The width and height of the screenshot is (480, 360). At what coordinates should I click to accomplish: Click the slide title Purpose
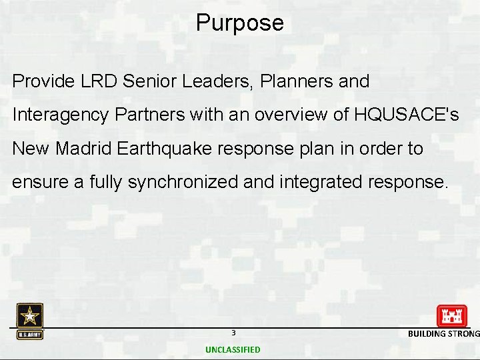click(239, 23)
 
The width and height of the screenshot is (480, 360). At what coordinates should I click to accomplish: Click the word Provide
click(43, 82)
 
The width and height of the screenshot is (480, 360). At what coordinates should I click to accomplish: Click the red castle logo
click(451, 315)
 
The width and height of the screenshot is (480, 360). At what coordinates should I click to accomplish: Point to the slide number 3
click(233, 333)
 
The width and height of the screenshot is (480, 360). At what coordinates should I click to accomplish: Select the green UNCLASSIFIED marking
click(233, 349)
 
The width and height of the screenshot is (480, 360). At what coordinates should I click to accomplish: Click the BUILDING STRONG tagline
click(443, 333)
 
